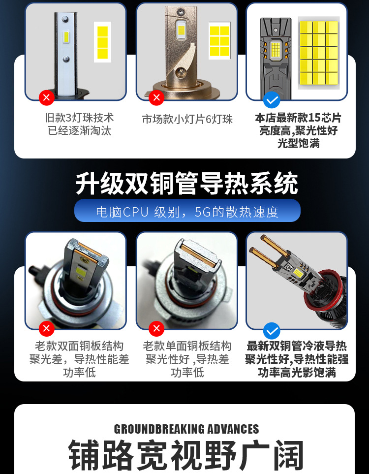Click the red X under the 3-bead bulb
pyautogui.click(x=47, y=97)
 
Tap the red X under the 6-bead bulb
pyautogui.click(x=156, y=97)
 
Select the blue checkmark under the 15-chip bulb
pyautogui.click(x=272, y=100)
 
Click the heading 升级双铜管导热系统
pyautogui.click(x=187, y=183)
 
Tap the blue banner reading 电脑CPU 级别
pyautogui.click(x=187, y=211)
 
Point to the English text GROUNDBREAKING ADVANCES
pyautogui.click(x=186, y=429)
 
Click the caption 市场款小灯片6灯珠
pyautogui.click(x=187, y=119)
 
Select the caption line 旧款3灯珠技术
pyautogui.click(x=80, y=117)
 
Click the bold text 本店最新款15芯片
pyautogui.click(x=298, y=118)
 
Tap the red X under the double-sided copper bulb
pyautogui.click(x=47, y=329)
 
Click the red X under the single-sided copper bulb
pyautogui.click(x=156, y=329)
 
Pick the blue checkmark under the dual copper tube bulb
pyautogui.click(x=272, y=331)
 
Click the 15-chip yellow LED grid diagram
pyautogui.click(x=319, y=53)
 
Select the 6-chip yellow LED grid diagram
pyautogui.click(x=220, y=41)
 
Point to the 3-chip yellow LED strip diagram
pyautogui.click(x=102, y=42)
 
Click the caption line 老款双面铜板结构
pyautogui.click(x=79, y=346)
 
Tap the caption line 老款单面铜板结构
pyautogui.click(x=187, y=346)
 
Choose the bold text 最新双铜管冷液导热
pyautogui.click(x=297, y=346)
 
